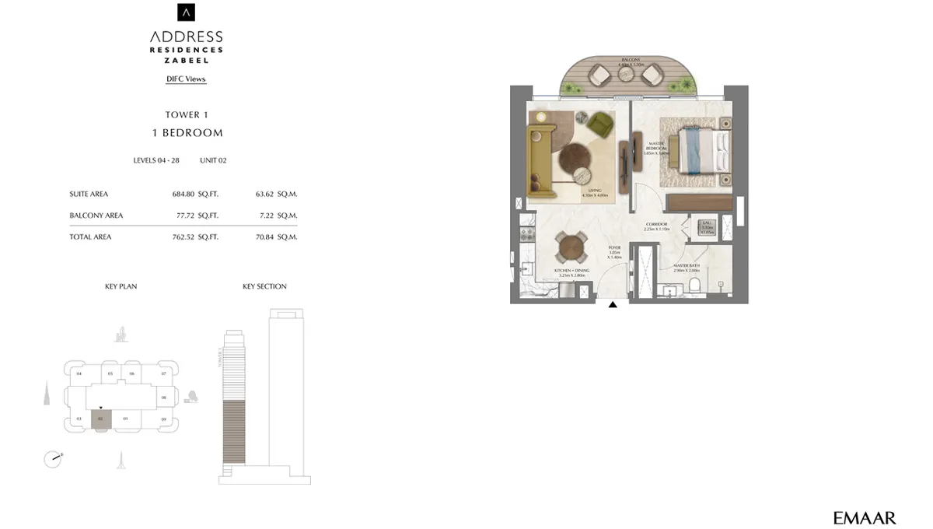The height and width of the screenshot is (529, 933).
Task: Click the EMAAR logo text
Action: [x=864, y=517]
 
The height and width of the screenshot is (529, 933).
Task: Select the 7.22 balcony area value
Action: [x=265, y=215]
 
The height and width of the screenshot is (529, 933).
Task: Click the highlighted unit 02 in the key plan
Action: [x=101, y=419]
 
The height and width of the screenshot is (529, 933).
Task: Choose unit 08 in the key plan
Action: [x=164, y=398]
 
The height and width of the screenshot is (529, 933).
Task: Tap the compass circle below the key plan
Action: [x=52, y=459]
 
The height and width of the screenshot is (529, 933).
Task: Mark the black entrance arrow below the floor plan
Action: [x=613, y=305]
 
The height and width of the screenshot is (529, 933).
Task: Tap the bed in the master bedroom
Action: [x=703, y=151]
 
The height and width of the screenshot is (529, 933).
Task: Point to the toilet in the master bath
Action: [x=697, y=286]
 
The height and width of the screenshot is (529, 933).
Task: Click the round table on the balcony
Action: [x=627, y=74]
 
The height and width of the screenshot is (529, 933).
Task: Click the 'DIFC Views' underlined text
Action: [x=186, y=79]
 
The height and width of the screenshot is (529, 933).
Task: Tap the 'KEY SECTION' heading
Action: [x=264, y=286]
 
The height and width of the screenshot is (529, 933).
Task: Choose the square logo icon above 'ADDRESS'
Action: [x=187, y=12]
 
